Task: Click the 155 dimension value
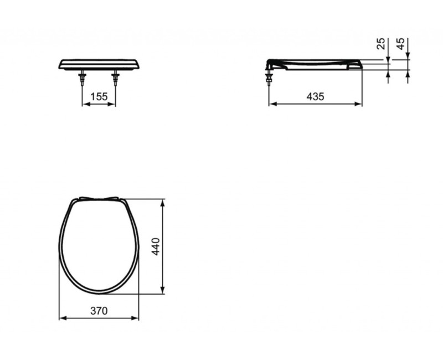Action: [99, 96]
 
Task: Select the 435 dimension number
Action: [315, 96]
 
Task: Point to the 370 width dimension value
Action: [99, 311]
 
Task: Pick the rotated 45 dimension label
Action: [401, 44]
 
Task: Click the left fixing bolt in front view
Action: [83, 78]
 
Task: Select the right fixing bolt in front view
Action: [116, 78]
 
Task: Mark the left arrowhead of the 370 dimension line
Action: [61, 318]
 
